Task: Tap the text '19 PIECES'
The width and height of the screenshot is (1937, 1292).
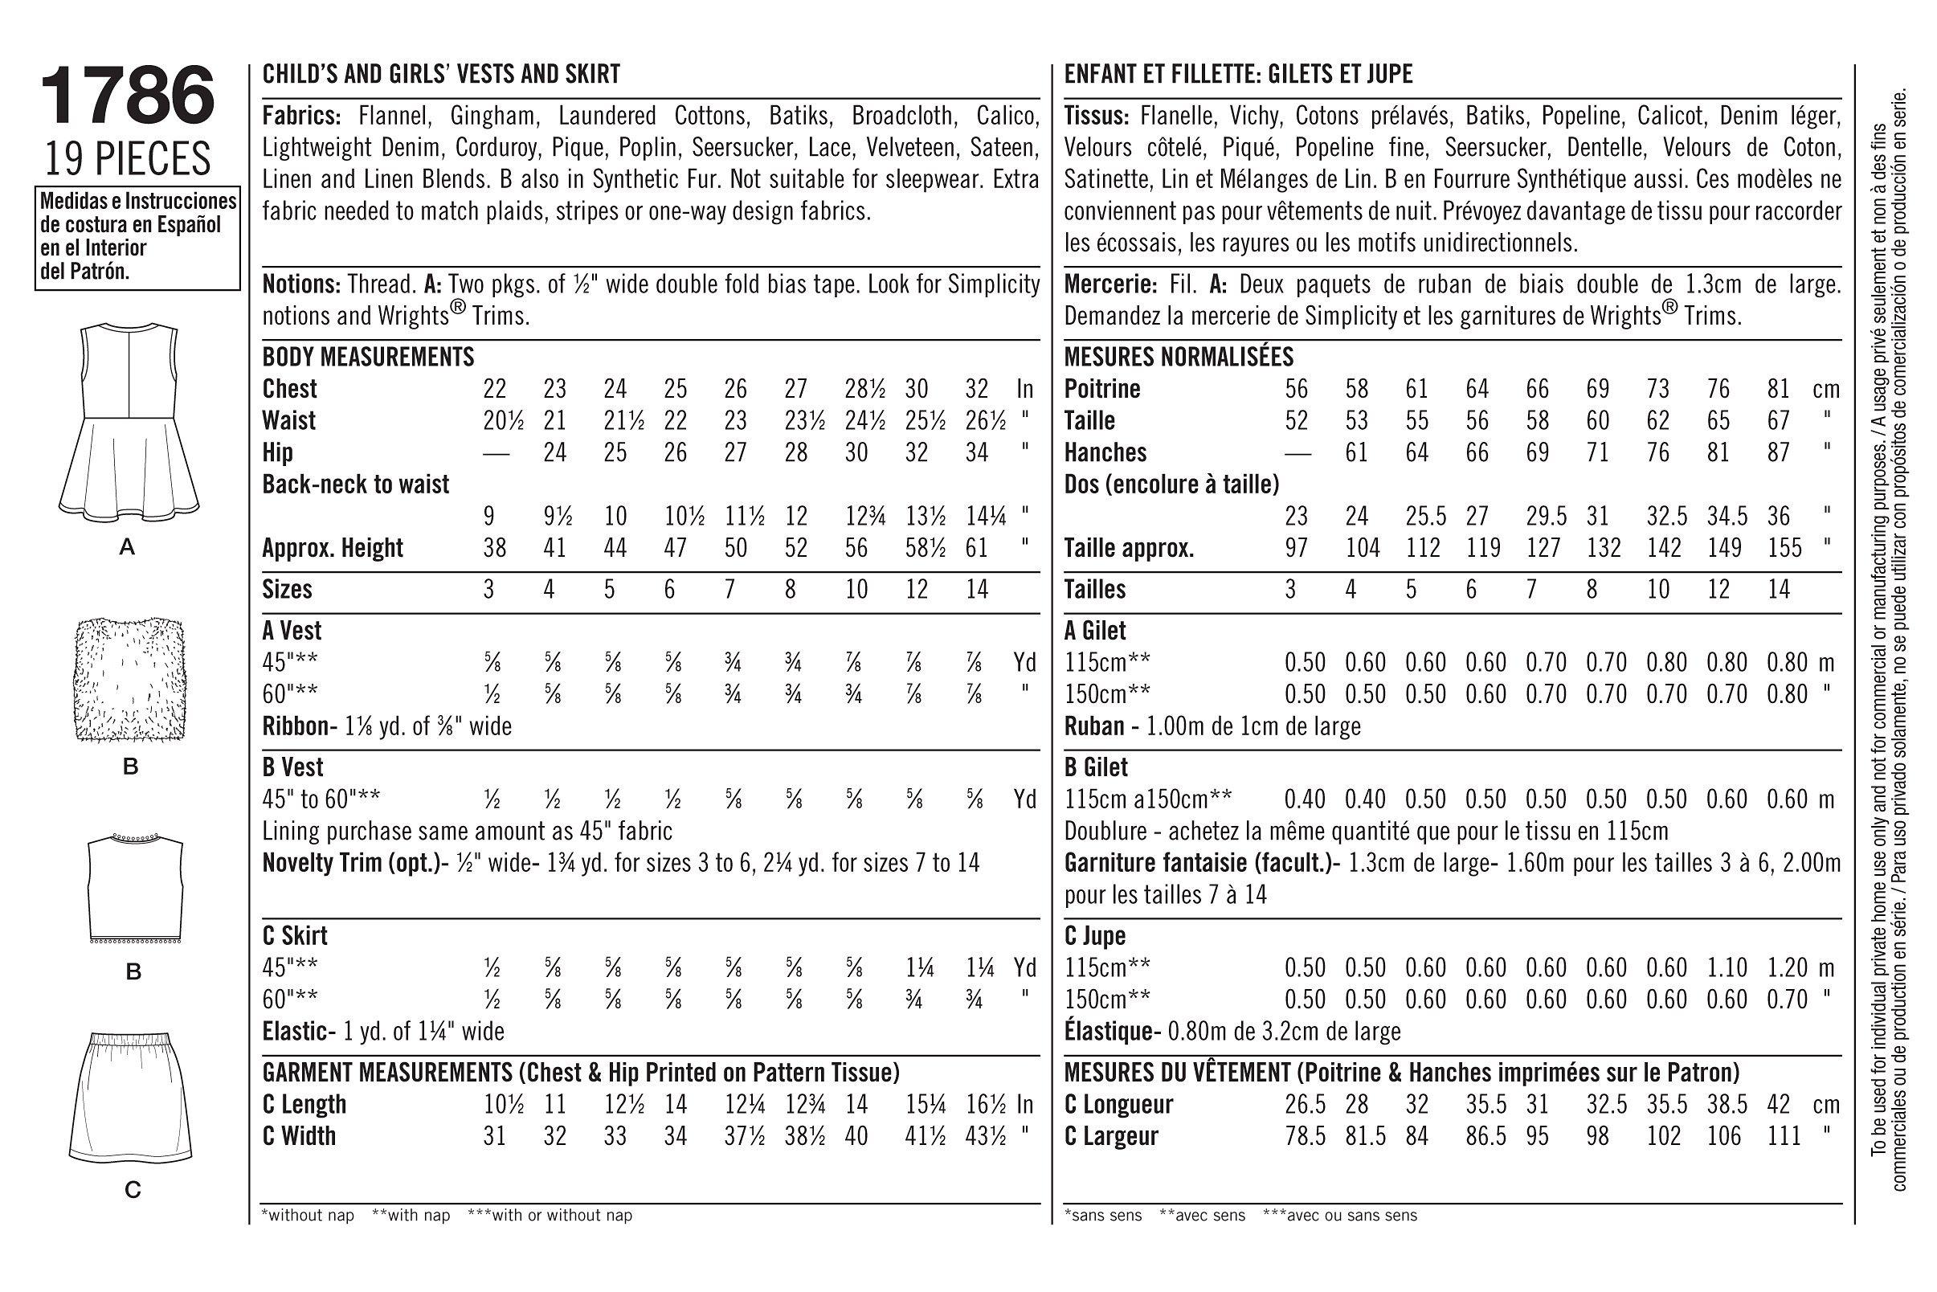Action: (x=128, y=160)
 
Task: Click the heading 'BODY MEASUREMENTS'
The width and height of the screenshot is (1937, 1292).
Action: (x=367, y=358)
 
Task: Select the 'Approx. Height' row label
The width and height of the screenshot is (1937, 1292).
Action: (x=332, y=548)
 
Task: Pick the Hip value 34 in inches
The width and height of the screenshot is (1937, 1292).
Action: (x=976, y=452)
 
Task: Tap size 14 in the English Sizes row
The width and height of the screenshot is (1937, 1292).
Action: (x=976, y=589)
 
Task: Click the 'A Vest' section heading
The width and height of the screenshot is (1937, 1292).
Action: (x=292, y=632)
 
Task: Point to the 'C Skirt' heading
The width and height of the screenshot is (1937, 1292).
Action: (x=294, y=936)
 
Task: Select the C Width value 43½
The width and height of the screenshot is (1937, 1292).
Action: (x=984, y=1136)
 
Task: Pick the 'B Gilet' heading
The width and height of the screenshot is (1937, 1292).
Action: (x=1096, y=768)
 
